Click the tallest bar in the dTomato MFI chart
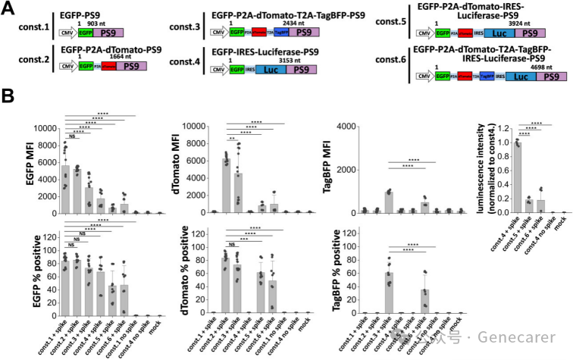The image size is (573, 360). tap(225, 186)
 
